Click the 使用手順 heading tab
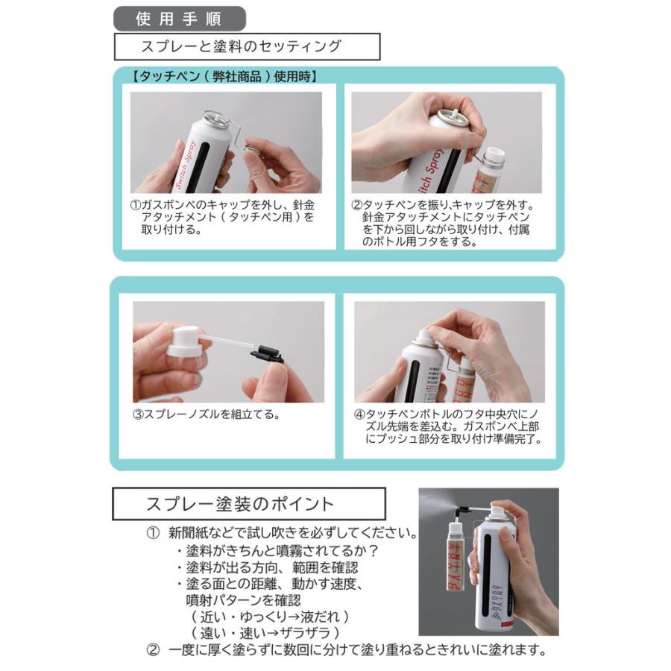180,18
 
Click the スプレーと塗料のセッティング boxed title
246,46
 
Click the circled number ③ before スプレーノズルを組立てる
138,415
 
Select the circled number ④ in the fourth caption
359,414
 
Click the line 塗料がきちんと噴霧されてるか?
278,551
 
